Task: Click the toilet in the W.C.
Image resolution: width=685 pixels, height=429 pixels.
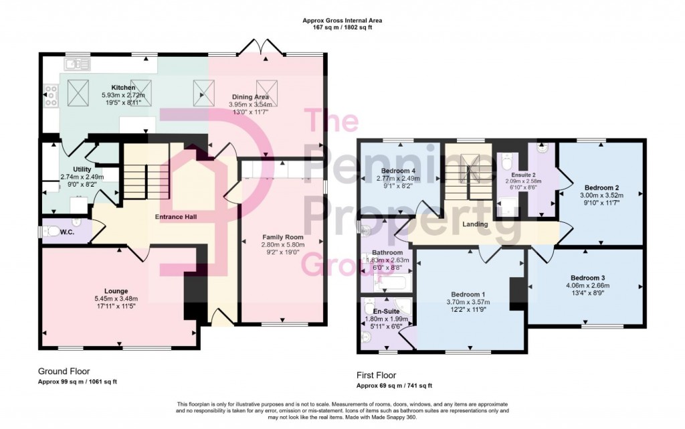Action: (x=53, y=232)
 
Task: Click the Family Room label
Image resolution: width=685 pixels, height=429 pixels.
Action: (x=283, y=237)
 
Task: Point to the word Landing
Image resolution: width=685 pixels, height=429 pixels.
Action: (x=476, y=224)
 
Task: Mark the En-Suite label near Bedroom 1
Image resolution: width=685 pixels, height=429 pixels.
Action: (x=386, y=311)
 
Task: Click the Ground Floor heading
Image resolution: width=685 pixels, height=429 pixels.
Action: (x=64, y=371)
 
